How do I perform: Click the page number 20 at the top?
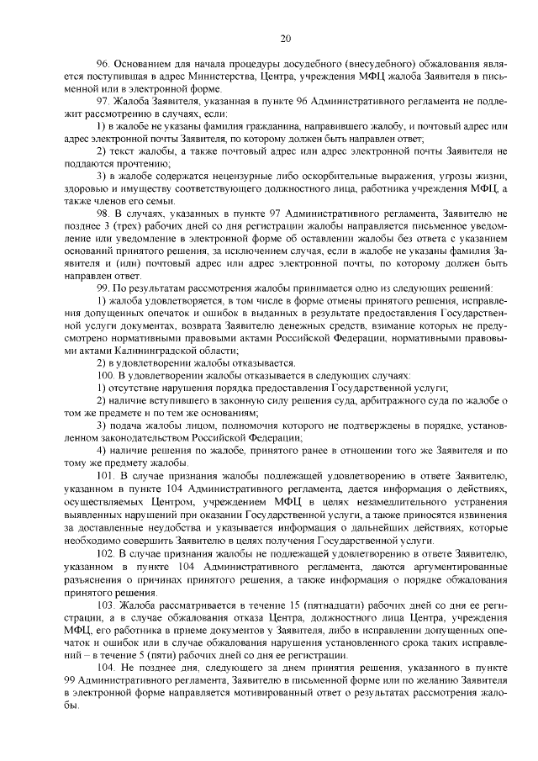(286, 38)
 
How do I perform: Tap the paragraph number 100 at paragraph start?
(105, 375)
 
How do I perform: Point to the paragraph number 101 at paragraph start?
(105, 476)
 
